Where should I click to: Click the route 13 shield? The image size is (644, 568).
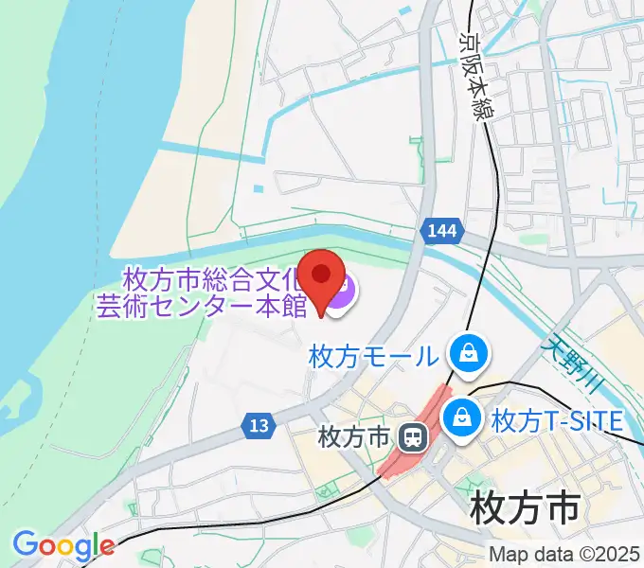[x=258, y=425]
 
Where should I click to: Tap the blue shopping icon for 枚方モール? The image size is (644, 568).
[x=469, y=355]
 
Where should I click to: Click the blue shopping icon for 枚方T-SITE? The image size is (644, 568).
[x=463, y=417]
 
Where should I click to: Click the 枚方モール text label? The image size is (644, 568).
[x=373, y=357]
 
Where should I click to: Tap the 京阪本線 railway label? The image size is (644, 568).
[x=474, y=75]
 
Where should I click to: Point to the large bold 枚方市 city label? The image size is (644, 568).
[x=524, y=509]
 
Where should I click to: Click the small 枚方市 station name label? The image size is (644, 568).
[x=354, y=438]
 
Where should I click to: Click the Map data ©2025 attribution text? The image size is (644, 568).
[x=563, y=554]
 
